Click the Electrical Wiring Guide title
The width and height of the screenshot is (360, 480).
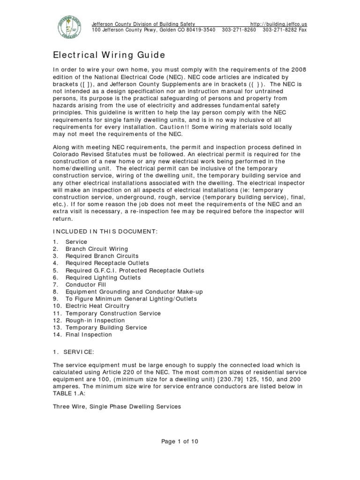coord(109,55)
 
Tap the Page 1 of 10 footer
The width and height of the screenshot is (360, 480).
coord(180,441)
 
